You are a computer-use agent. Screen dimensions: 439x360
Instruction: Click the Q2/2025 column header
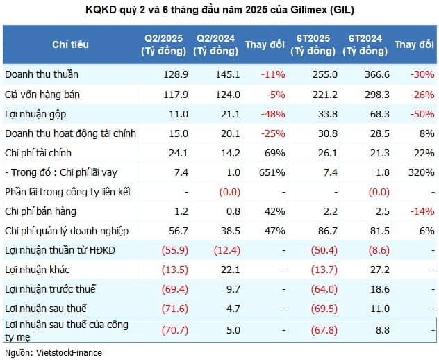pos(164,44)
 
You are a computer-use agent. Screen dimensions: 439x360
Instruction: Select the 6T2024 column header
pos(365,44)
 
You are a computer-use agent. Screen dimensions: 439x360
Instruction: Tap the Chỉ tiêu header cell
pos(70,44)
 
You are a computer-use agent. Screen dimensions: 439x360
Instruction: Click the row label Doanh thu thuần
pos(42,74)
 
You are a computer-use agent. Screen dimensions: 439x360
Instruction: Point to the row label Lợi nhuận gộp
pos(35,114)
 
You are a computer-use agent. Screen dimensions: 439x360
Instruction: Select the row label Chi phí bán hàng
pos(40,211)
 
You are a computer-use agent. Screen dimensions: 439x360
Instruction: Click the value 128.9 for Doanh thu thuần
pos(176,74)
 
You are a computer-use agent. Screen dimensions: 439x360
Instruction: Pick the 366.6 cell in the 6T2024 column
pos(377,74)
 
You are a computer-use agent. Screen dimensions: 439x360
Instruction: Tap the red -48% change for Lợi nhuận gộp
pos(273,114)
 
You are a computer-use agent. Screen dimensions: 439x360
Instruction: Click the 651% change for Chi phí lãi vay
pos(272,172)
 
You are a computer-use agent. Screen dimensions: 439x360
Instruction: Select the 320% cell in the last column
pos(422,172)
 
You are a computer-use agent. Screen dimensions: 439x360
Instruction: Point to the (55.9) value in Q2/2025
pos(175,250)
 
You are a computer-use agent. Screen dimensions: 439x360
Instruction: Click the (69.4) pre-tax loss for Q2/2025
pos(175,289)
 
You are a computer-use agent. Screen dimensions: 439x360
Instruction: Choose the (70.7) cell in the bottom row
pos(175,330)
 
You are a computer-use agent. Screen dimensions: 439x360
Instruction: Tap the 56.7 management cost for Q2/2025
pos(179,231)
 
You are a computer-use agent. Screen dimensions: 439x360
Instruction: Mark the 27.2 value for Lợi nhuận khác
pos(380,270)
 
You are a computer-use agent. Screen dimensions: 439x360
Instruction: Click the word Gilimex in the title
pos(309,10)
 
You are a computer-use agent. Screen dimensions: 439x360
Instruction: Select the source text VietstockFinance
pos(69,353)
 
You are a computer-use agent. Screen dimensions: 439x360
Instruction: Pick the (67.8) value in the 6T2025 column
pos(324,330)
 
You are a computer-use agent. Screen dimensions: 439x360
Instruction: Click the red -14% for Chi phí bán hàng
pos(422,211)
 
